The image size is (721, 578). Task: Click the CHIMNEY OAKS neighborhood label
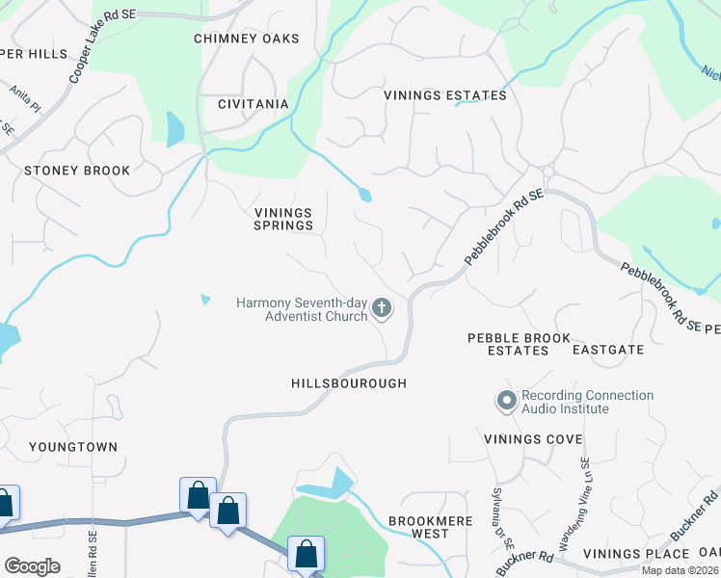(247, 39)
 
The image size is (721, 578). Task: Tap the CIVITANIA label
(253, 104)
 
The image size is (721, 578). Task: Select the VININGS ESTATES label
(445, 95)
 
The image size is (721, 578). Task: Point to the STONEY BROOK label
(77, 171)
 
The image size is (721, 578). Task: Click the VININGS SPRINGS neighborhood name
(283, 219)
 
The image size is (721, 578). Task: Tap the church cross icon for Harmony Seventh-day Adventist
(382, 309)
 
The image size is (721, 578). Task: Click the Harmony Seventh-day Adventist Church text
(303, 309)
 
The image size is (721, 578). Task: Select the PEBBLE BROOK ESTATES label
(519, 344)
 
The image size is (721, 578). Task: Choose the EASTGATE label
(608, 350)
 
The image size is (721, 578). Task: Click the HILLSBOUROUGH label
(349, 383)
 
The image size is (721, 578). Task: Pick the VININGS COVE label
(533, 439)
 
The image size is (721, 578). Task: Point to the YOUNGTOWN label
(73, 447)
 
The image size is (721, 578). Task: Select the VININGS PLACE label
(642, 554)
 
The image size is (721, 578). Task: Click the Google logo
(32, 566)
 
